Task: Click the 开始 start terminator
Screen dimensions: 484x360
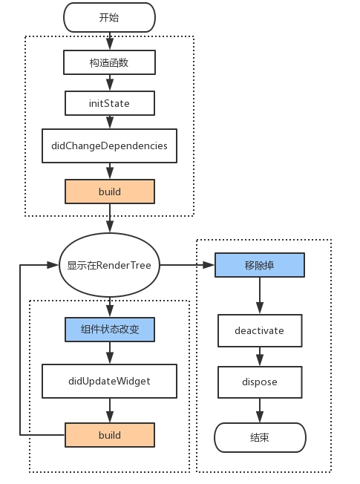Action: click(x=110, y=16)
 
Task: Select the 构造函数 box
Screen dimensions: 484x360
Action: click(x=110, y=62)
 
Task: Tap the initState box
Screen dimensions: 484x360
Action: click(x=110, y=103)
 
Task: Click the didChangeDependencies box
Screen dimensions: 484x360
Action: click(x=110, y=145)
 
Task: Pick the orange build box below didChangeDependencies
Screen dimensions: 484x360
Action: click(x=110, y=192)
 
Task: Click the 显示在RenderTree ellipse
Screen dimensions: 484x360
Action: click(x=110, y=264)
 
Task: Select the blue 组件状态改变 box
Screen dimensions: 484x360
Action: click(x=110, y=330)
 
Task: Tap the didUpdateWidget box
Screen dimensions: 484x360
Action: click(x=110, y=381)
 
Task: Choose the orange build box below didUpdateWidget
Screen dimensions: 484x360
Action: click(x=110, y=434)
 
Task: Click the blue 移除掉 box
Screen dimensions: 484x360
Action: click(x=259, y=265)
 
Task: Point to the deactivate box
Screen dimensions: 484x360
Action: click(x=259, y=330)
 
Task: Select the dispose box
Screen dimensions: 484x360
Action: click(x=259, y=382)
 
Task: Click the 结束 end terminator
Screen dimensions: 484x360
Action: click(x=259, y=437)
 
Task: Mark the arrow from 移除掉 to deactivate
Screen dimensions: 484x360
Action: click(x=259, y=295)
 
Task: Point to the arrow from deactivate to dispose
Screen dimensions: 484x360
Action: click(x=259, y=356)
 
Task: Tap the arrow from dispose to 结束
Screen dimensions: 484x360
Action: click(x=259, y=410)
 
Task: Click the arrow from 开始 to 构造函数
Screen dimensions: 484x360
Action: click(x=110, y=40)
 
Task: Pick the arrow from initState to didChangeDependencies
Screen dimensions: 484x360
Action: click(x=110, y=122)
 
